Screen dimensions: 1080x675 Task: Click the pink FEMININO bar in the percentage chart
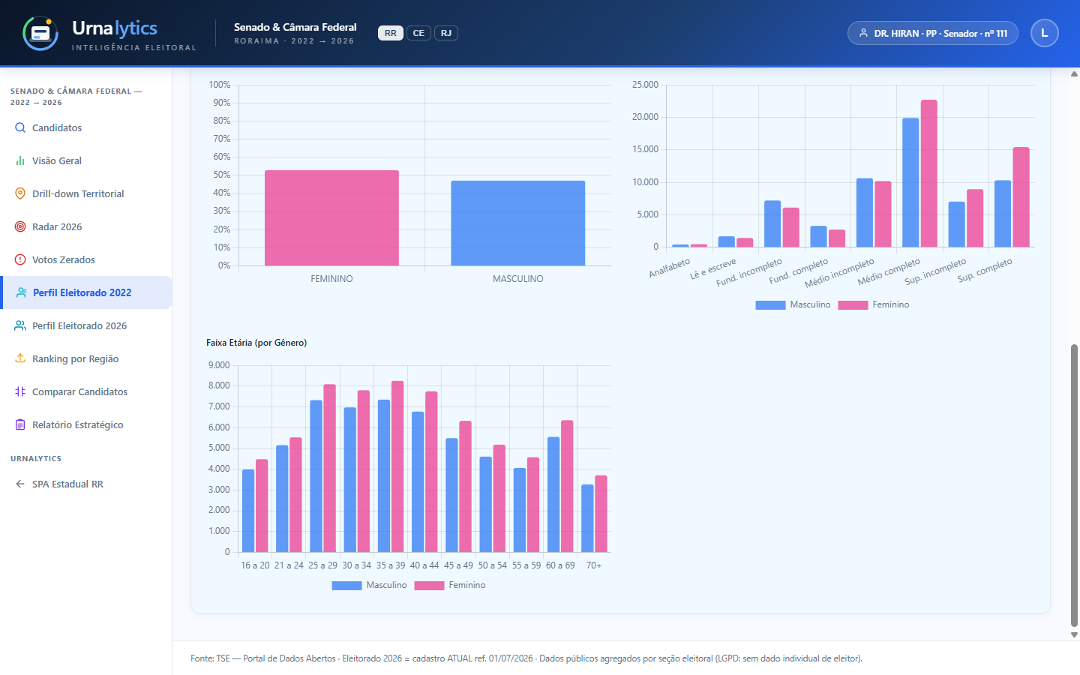(x=331, y=218)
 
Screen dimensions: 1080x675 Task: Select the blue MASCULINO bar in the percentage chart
(x=517, y=223)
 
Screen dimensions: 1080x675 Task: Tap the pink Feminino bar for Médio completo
(x=929, y=173)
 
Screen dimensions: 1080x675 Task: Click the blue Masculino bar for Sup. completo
(x=1002, y=214)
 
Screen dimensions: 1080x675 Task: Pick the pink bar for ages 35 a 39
(x=397, y=466)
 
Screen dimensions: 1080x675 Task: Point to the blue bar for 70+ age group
(x=587, y=518)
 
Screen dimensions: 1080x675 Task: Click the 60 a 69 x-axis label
(x=560, y=565)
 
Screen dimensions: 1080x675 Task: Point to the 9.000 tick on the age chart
(x=219, y=365)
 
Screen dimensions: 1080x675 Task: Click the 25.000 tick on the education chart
(x=645, y=85)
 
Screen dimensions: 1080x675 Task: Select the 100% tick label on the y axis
(x=219, y=85)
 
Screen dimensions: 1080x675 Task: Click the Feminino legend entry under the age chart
(x=450, y=585)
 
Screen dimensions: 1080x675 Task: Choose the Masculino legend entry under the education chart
(x=793, y=304)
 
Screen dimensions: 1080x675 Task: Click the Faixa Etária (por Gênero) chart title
(x=256, y=343)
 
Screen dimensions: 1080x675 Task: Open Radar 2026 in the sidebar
(x=57, y=226)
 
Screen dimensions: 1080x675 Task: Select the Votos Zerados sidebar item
(x=64, y=259)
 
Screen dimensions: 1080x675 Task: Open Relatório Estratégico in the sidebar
(x=78, y=424)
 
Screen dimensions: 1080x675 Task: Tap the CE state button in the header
(x=418, y=33)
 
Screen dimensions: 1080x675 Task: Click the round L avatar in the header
(x=1044, y=33)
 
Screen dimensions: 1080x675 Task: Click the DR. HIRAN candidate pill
(x=933, y=33)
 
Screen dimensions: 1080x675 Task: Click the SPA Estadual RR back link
(x=67, y=484)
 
